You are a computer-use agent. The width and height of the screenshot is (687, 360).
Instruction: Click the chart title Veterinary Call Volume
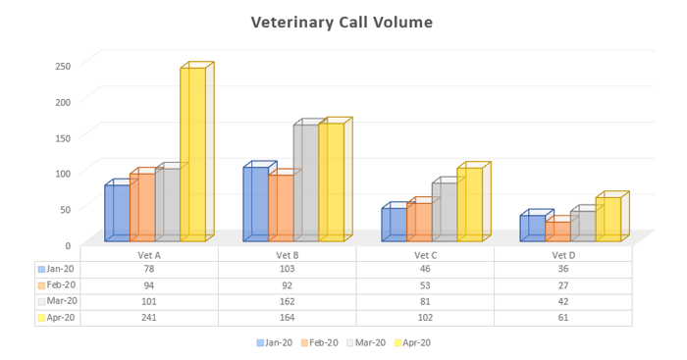341,22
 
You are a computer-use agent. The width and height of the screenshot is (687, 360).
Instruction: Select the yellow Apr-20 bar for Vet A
192,155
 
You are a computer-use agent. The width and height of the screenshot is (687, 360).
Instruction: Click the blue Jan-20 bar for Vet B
255,204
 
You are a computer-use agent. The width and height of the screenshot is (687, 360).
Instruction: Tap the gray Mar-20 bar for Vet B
305,183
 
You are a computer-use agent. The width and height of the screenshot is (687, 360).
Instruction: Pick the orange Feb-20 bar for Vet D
557,231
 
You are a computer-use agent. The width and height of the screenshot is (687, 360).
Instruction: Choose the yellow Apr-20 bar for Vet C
469,205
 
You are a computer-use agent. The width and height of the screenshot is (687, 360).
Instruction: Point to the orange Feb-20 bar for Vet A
142,208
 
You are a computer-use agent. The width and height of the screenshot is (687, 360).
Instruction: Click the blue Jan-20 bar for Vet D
532,229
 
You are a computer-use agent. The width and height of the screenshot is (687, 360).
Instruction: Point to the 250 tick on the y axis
63,67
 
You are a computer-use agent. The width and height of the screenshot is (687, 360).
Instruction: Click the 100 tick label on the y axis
63,174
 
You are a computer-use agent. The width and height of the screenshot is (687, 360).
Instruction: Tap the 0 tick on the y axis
68,245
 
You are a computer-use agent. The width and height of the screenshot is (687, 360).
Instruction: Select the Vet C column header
425,255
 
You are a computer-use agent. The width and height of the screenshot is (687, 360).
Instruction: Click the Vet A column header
149,255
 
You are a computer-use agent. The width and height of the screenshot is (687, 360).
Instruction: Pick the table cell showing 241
149,318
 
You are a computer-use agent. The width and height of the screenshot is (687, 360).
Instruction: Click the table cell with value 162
288,301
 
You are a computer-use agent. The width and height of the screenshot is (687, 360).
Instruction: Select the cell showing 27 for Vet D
563,284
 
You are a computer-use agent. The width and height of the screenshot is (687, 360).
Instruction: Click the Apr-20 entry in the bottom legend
412,343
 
